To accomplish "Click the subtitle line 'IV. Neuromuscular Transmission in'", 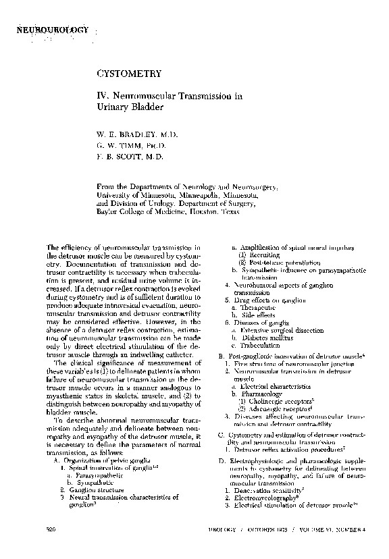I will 170,97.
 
